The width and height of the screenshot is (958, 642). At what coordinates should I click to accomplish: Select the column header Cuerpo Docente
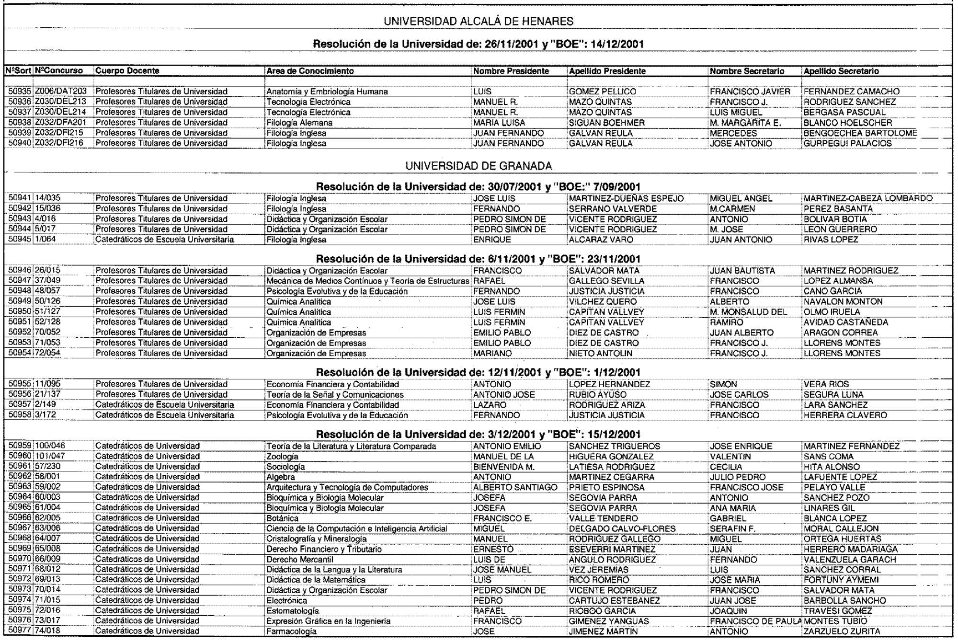(127, 71)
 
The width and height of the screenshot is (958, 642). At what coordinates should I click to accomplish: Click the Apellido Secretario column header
(841, 71)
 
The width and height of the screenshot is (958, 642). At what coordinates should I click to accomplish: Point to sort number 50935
(20, 92)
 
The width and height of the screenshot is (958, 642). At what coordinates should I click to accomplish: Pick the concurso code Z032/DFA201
(60, 123)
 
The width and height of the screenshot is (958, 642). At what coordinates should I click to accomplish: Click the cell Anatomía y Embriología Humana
(327, 92)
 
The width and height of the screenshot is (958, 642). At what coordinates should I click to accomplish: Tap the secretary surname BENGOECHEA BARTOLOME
(860, 133)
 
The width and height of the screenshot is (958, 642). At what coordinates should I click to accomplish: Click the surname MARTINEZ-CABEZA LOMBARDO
(868, 198)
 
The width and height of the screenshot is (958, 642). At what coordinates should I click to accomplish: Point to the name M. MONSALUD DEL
(748, 312)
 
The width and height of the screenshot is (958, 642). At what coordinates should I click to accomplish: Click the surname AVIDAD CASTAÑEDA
(845, 322)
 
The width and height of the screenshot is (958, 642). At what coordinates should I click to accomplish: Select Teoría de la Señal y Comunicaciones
(335, 395)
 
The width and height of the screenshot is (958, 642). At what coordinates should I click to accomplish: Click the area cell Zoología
(282, 457)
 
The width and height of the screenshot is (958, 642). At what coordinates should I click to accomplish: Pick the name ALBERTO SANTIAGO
(515, 487)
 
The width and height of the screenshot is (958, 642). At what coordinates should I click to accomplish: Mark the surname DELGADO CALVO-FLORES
(622, 529)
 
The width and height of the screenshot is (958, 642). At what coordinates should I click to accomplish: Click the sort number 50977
(20, 631)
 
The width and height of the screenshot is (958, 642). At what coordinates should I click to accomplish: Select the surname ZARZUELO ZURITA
(842, 631)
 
